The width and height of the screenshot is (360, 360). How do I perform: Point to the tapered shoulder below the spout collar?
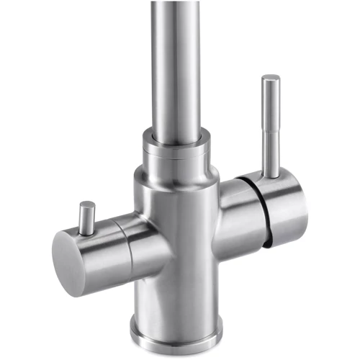176,167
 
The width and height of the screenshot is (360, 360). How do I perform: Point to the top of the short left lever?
88,204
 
